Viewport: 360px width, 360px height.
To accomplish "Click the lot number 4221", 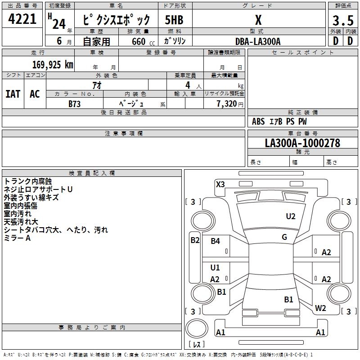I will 22,20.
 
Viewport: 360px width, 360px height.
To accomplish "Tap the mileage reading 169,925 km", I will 53,64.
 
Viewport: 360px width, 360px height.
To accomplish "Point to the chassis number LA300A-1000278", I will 302,143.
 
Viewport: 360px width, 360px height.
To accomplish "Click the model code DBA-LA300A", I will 258,41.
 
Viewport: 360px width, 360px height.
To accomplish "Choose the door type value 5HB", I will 174,21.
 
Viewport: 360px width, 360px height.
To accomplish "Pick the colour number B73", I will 75,103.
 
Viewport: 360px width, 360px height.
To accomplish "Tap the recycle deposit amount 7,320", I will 226,103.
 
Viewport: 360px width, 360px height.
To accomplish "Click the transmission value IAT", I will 13,94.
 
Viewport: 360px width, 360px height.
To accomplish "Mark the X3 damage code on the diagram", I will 220,184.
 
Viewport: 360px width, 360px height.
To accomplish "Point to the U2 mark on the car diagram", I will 291,216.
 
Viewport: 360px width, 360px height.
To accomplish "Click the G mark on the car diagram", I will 284,237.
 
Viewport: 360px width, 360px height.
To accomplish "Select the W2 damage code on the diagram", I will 320,308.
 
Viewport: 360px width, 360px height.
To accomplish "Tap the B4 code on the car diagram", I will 216,241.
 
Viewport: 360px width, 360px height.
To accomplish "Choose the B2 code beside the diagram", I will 194,240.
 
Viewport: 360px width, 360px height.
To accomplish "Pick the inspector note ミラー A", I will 17,238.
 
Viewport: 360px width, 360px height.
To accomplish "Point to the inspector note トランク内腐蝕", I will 27,181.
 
